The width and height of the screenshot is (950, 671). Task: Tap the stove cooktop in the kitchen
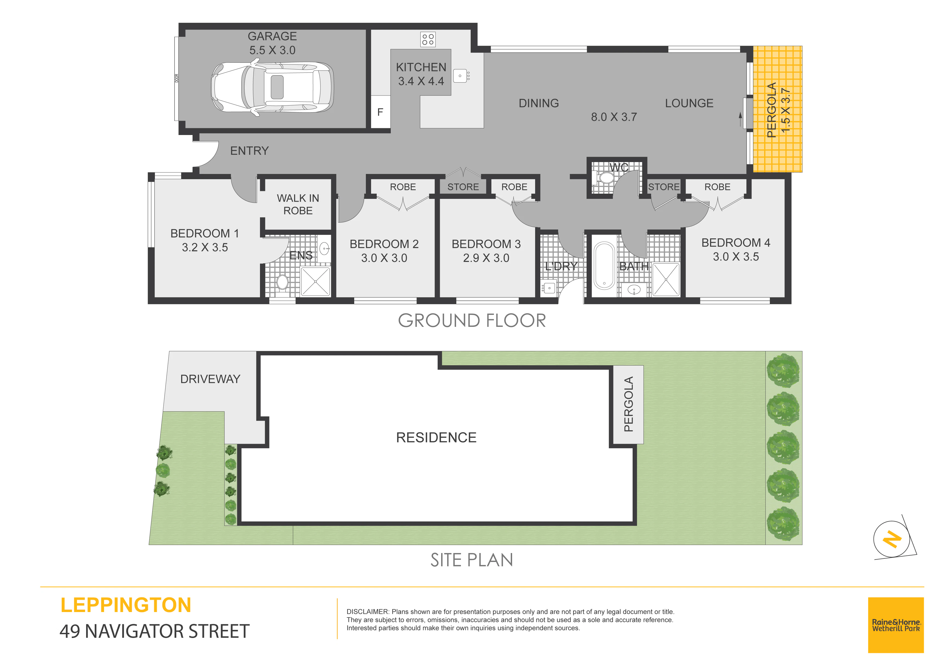(x=428, y=39)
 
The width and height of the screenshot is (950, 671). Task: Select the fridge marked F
(x=380, y=112)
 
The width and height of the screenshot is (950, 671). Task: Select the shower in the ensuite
(x=315, y=282)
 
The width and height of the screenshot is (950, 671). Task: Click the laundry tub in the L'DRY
(x=549, y=288)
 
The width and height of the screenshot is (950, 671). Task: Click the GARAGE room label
(x=272, y=36)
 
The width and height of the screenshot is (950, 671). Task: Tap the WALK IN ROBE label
(x=298, y=204)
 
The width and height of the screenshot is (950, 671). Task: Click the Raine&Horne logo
(x=896, y=625)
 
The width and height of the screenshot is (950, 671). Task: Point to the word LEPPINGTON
(x=126, y=605)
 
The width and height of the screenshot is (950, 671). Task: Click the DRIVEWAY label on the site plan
(x=210, y=379)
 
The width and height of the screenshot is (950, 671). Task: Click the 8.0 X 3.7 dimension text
(x=614, y=117)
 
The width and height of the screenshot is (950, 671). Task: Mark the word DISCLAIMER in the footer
(x=368, y=612)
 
